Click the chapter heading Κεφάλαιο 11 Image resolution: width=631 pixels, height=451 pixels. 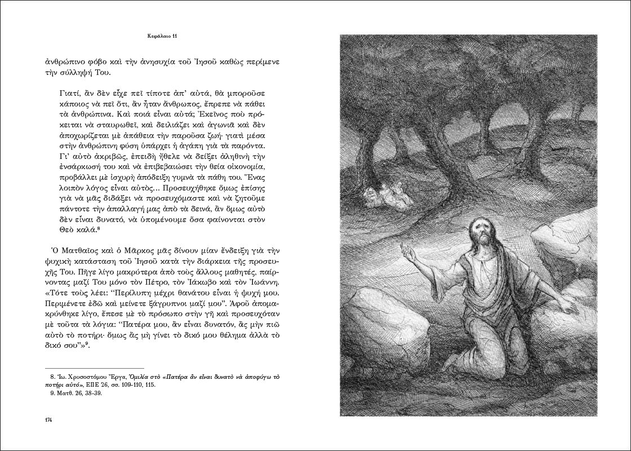coord(161,37)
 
